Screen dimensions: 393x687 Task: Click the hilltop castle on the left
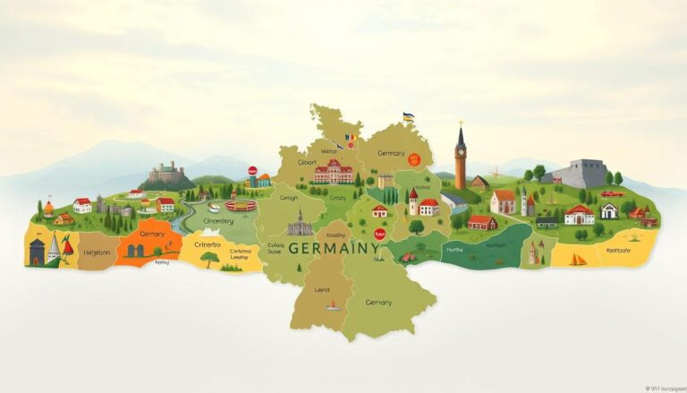click(166, 173)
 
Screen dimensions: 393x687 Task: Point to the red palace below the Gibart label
click(333, 172)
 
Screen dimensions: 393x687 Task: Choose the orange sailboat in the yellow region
click(578, 260)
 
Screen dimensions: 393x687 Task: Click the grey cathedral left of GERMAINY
click(300, 223)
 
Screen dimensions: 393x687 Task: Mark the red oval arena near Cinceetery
click(240, 206)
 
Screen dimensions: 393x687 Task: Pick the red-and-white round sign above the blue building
click(252, 170)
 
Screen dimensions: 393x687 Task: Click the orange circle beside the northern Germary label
click(413, 158)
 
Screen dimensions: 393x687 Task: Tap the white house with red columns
click(579, 215)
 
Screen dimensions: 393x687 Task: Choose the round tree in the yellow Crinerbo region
click(208, 259)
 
